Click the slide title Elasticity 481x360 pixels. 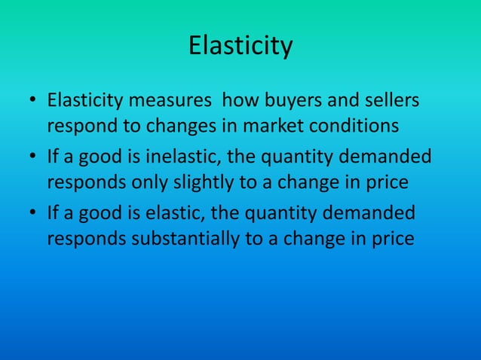pyautogui.click(x=240, y=47)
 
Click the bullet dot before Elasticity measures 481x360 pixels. pyautogui.click(x=33, y=102)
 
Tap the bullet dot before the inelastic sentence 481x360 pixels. pyautogui.click(x=33, y=159)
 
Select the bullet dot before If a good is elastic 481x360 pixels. pyautogui.click(x=33, y=216)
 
